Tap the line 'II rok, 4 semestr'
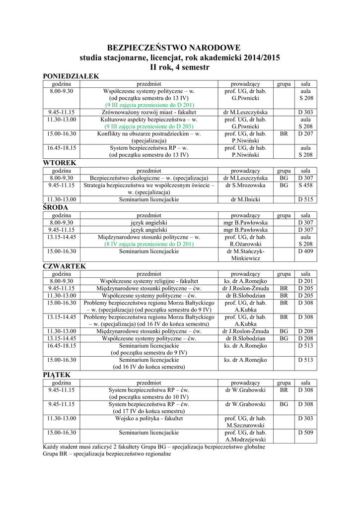point(180,67)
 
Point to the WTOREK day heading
point(59,163)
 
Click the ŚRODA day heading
point(56,207)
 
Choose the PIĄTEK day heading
point(57,375)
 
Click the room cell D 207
point(305,134)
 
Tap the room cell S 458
point(305,185)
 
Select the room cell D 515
point(305,199)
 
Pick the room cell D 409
point(305,252)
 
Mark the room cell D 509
point(305,432)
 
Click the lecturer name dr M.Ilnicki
point(245,199)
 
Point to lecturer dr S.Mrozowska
point(245,185)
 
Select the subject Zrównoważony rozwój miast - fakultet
point(149,112)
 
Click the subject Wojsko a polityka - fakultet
point(149,418)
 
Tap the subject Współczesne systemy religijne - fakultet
point(149,281)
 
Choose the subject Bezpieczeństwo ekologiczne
point(148,178)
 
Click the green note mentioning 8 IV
point(149,244)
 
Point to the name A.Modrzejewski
point(245,439)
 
